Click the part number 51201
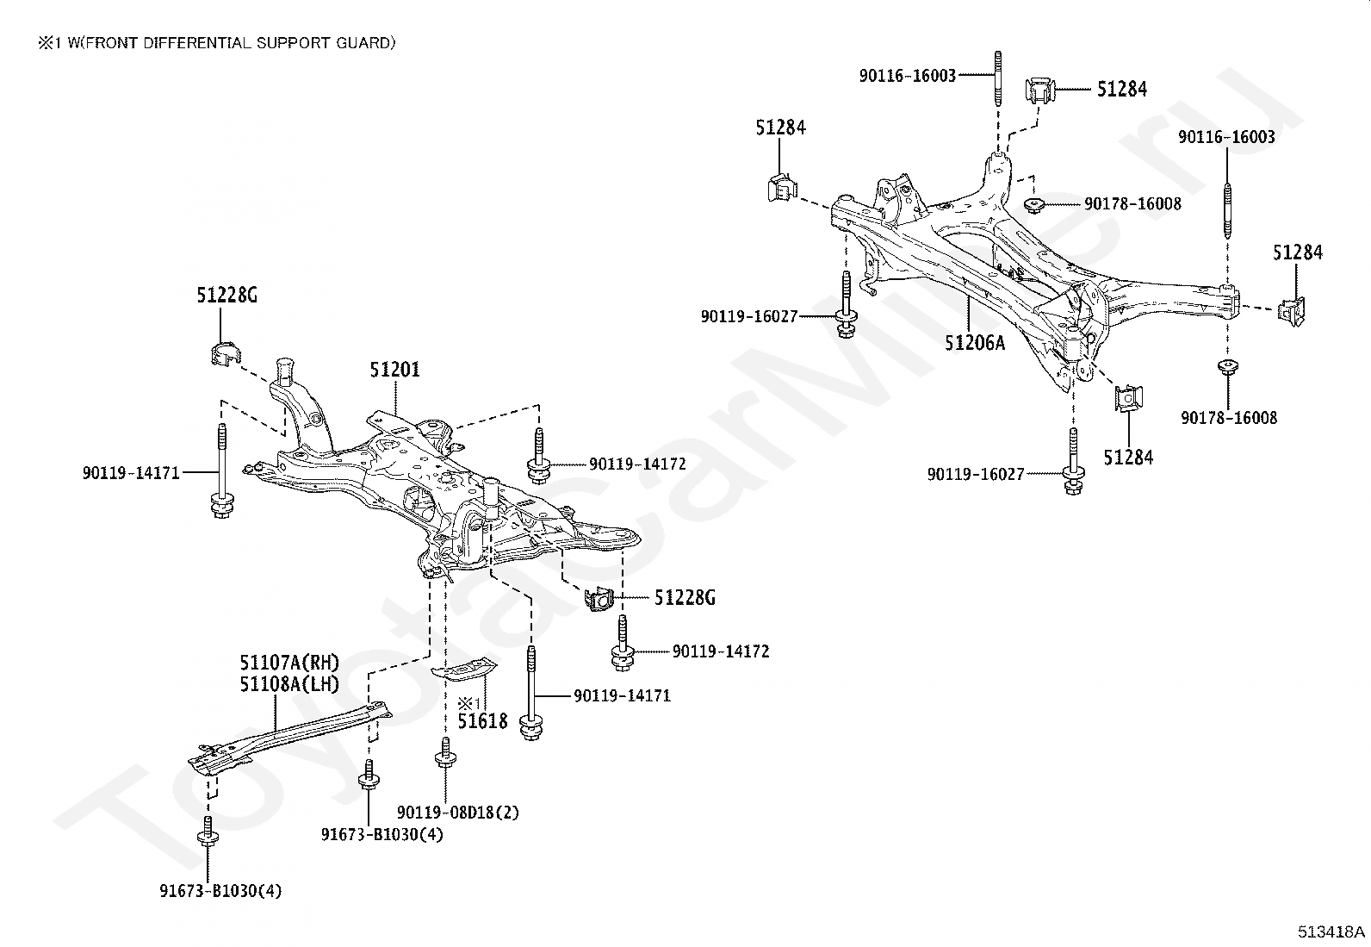[394, 370]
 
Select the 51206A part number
[975, 342]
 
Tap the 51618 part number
[483, 721]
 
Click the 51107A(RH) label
[288, 662]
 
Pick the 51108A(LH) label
[288, 683]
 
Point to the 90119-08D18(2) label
[458, 813]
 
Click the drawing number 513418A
[1331, 931]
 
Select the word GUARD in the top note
[363, 43]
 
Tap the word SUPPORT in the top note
[293, 43]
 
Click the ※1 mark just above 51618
[470, 702]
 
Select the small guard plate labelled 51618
[463, 669]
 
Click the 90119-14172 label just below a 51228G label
[721, 651]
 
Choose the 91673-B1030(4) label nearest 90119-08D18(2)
[382, 834]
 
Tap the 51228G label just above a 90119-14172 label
[685, 597]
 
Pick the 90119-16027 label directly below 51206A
[976, 474]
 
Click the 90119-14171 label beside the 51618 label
[622, 696]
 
